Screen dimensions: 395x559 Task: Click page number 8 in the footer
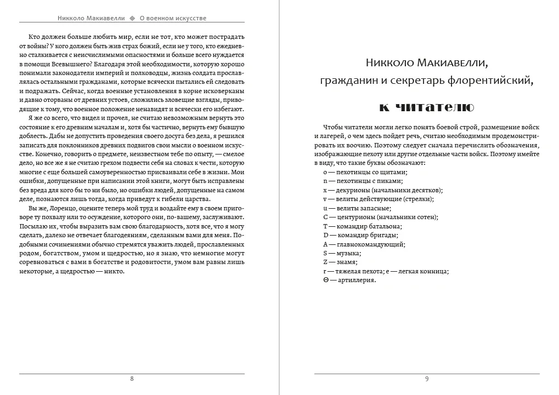pos(132,379)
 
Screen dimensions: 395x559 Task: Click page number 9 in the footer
pos(427,379)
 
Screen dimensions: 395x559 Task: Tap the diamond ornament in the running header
pos(132,18)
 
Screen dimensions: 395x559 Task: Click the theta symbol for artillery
pos(326,280)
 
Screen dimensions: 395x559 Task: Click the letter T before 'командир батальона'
pos(325,226)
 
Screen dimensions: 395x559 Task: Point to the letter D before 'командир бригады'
pos(326,236)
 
